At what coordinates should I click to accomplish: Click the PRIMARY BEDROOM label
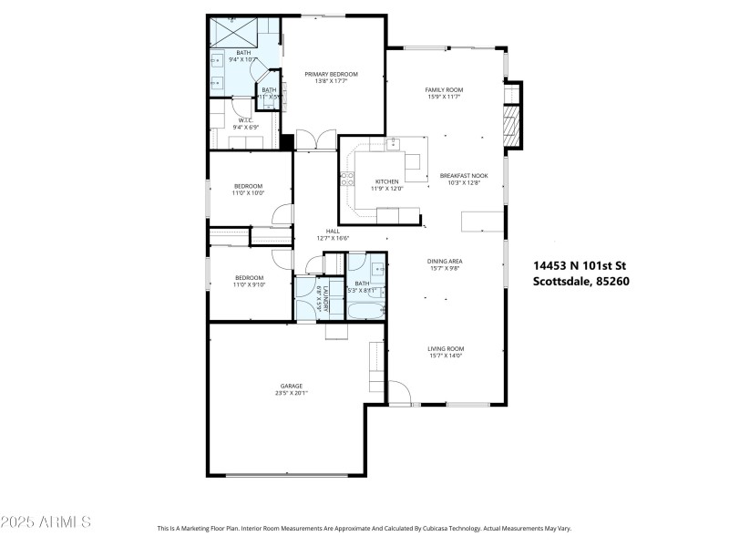pos(331,74)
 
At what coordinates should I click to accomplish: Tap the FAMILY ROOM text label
pos(445,89)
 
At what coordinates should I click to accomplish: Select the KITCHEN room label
pos(387,181)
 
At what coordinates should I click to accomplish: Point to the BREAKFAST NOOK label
pos(464,175)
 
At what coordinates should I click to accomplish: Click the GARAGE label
pos(292,386)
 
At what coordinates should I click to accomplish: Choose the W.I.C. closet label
pos(245,120)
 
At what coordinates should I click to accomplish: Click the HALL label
pos(333,232)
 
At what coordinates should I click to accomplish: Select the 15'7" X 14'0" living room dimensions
pos(447,356)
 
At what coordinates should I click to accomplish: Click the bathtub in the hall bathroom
pos(365,312)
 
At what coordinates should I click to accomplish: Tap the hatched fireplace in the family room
pos(512,126)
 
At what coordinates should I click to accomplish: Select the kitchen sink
pos(394,143)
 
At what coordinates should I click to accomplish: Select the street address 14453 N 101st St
pos(580,266)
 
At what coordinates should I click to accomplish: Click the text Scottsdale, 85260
pos(580,281)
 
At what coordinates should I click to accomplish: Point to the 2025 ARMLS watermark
pos(46,522)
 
